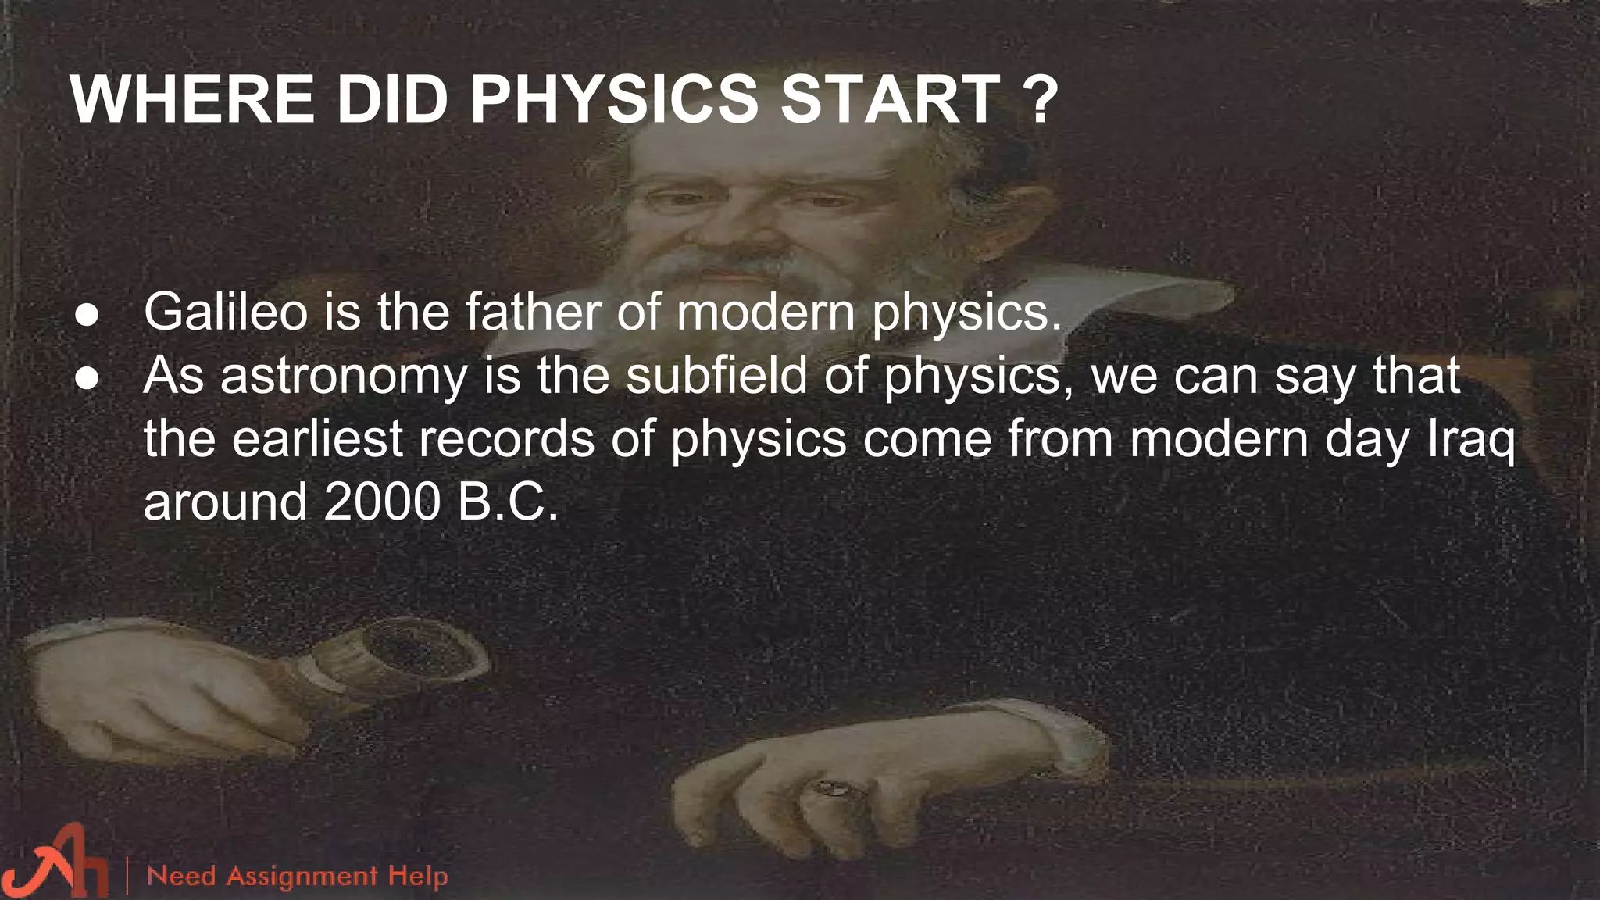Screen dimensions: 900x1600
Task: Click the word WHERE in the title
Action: (192, 100)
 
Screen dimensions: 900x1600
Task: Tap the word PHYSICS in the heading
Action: (613, 100)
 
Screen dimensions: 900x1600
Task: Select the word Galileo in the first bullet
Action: (226, 311)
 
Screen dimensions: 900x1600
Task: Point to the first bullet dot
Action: (87, 315)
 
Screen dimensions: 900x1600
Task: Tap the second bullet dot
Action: (87, 379)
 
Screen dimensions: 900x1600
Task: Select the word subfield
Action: (716, 375)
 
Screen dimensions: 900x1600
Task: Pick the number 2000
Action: (383, 502)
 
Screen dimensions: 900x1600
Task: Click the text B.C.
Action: (509, 502)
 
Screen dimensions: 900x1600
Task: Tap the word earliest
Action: (316, 438)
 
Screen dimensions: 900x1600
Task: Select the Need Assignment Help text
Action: (297, 876)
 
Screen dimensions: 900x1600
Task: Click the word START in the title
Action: (891, 100)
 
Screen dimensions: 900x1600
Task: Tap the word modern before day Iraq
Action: (1219, 438)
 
